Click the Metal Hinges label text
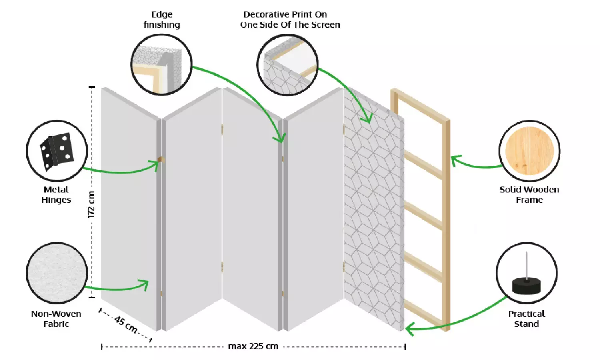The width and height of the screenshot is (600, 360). (56, 195)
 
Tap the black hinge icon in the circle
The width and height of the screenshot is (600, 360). (57, 151)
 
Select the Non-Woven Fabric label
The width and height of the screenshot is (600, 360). (56, 319)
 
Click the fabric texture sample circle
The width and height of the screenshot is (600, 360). (57, 273)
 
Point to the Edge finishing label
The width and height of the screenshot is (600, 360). (162, 20)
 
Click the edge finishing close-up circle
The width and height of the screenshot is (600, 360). (162, 64)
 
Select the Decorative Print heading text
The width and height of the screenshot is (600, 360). (290, 20)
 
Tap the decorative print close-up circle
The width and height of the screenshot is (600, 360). (287, 65)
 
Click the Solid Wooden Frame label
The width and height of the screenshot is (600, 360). (529, 195)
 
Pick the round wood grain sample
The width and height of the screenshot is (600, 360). (529, 151)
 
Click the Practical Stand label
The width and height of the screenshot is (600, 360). (526, 319)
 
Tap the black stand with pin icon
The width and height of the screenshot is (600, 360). (526, 280)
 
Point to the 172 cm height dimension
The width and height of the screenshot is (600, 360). (91, 204)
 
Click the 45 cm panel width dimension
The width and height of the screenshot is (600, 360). (126, 324)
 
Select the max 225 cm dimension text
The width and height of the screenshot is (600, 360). (253, 346)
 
